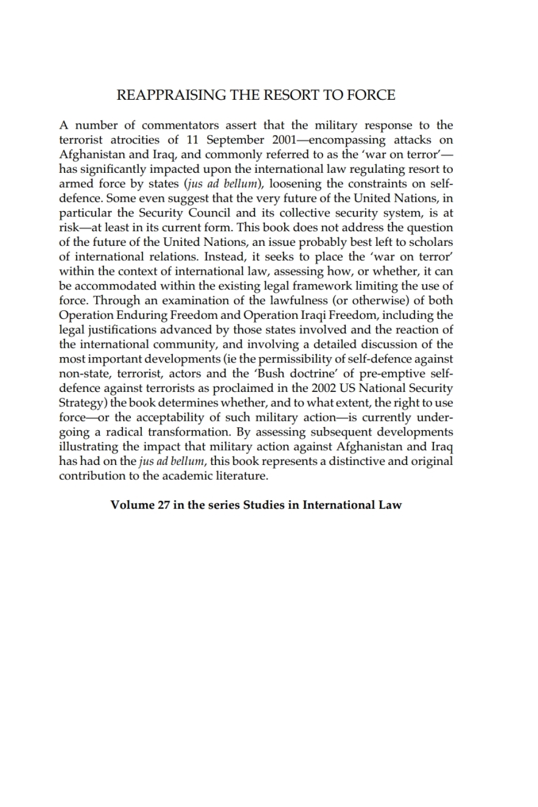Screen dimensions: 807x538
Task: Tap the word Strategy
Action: click(x=81, y=403)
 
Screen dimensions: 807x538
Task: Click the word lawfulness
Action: click(x=295, y=301)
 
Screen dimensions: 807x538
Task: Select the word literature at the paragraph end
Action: click(x=244, y=476)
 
